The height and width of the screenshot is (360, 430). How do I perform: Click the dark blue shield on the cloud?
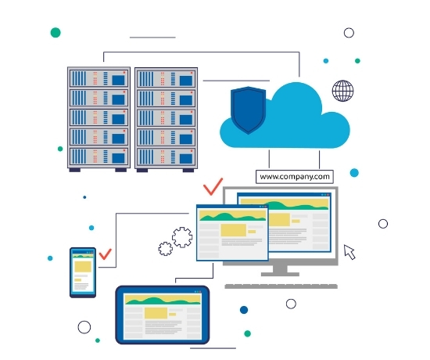point(248,110)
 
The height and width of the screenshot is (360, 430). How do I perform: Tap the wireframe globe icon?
point(342,91)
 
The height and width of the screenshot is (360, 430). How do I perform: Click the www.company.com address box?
point(295,177)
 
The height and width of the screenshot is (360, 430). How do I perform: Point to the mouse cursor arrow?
point(349,252)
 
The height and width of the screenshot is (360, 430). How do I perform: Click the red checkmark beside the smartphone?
point(106,254)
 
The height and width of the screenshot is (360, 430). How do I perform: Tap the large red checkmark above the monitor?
point(213,186)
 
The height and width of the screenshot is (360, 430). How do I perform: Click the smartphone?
point(83,272)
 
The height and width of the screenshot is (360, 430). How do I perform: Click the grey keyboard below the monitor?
point(281,286)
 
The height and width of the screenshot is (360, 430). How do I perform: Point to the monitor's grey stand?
point(280,271)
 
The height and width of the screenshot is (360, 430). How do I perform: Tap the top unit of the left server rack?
point(99,78)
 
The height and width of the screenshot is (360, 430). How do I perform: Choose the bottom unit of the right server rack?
point(167,157)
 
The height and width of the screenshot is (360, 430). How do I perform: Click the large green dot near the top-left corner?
point(56,32)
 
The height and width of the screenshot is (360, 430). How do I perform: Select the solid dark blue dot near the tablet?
point(244,310)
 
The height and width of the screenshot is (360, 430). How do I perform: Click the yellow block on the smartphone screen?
point(83,266)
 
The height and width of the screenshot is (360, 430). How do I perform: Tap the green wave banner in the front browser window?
point(232,215)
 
